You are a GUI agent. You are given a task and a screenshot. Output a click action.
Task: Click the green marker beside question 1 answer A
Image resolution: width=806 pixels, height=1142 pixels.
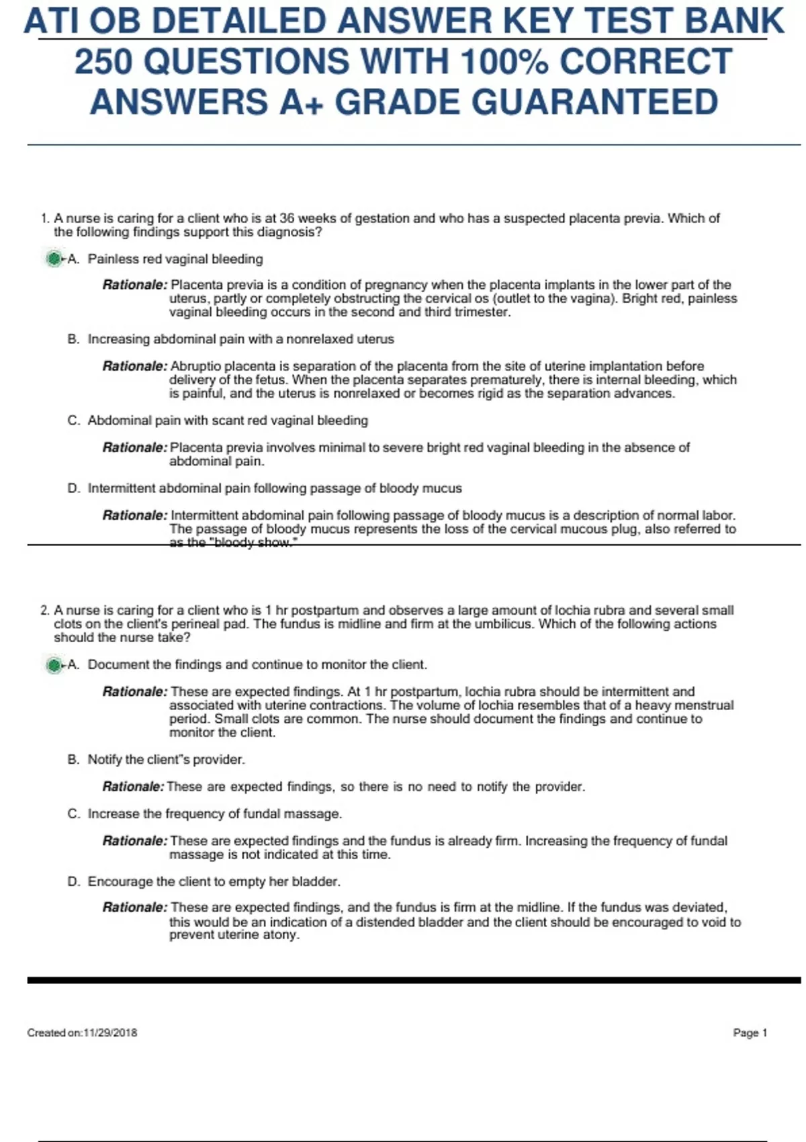coord(54,259)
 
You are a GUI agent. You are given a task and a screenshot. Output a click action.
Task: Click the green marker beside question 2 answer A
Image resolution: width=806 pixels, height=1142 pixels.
coord(54,665)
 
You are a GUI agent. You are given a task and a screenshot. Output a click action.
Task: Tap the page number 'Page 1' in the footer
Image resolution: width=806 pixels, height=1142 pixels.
coord(750,1033)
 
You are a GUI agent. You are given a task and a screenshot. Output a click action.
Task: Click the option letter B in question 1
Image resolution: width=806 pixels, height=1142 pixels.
coord(73,339)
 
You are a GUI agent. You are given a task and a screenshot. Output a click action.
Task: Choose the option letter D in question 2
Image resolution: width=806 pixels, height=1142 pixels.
coord(73,881)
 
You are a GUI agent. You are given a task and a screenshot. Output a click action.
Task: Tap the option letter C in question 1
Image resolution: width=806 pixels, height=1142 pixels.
coord(73,421)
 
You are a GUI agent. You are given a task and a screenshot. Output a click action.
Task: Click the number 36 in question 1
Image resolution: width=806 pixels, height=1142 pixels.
coord(287,218)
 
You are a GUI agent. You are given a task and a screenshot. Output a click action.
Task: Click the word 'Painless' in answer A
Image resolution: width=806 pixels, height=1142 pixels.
coord(113,259)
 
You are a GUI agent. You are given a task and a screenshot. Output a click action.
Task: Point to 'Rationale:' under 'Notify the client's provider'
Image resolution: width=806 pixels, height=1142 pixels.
coord(133,787)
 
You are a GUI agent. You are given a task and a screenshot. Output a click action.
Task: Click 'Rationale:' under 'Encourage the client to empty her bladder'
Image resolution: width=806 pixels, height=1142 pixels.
coord(134,908)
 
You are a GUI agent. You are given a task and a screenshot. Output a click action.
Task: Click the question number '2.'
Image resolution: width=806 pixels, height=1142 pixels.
coord(45,611)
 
